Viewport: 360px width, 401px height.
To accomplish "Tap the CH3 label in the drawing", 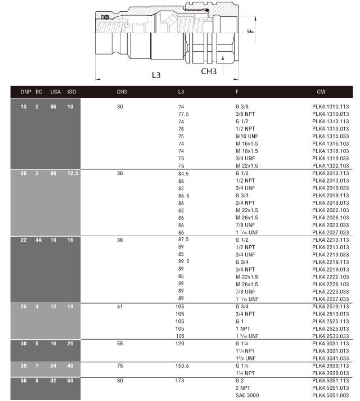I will tap(209, 71).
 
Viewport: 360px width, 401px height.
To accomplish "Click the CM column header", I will tap(321, 91).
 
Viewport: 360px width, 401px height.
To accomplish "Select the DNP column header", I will tap(26, 91).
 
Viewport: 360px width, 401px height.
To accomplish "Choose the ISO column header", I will tap(71, 91).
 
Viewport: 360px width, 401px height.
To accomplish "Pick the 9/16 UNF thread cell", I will tap(247, 136).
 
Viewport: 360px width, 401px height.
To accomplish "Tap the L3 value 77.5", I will tap(183, 114).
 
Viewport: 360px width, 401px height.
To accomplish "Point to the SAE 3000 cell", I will tap(248, 396).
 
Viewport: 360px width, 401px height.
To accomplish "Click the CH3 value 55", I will tap(120, 343).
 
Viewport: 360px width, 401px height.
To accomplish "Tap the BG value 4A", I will tap(39, 240).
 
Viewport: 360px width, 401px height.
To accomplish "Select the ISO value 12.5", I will tap(73, 173).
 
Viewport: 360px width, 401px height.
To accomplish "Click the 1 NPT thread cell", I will tap(243, 328).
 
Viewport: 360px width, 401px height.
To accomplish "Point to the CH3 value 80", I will tap(120, 381).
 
